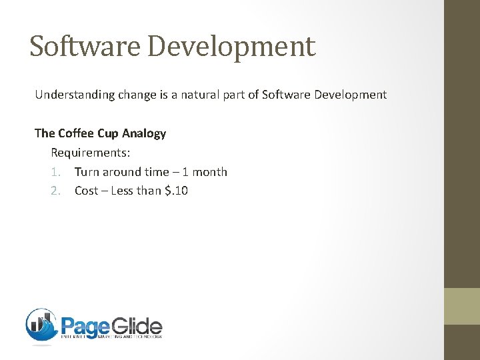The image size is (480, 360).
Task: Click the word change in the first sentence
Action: tap(136, 95)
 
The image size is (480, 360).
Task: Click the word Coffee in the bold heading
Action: tap(77, 133)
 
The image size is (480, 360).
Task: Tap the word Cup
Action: tap(109, 133)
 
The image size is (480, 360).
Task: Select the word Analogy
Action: tap(144, 133)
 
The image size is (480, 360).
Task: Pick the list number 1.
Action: tap(55, 172)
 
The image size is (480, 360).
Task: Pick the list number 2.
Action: tap(55, 191)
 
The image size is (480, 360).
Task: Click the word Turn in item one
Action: tap(86, 172)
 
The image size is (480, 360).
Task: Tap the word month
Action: tap(209, 172)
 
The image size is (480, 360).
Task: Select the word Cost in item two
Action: tap(86, 191)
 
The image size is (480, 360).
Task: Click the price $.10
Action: tap(176, 191)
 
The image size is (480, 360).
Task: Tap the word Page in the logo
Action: tap(85, 327)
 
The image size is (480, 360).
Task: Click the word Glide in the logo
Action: tap(137, 327)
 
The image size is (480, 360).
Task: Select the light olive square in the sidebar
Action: tap(462, 306)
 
